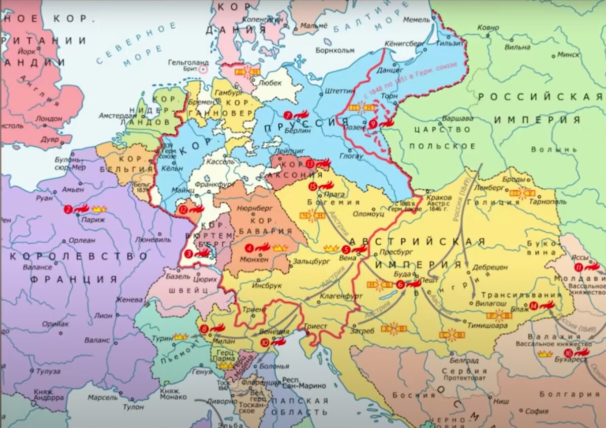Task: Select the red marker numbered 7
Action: click(x=288, y=115)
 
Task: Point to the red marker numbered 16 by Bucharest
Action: click(x=569, y=352)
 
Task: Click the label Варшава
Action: click(x=458, y=118)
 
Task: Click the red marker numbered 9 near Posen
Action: click(x=373, y=124)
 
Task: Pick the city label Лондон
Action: click(x=49, y=118)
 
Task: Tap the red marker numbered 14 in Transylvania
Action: click(x=534, y=305)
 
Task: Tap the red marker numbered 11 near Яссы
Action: click(x=579, y=268)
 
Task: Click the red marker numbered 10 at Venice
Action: click(x=265, y=343)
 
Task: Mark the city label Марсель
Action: click(x=102, y=397)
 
